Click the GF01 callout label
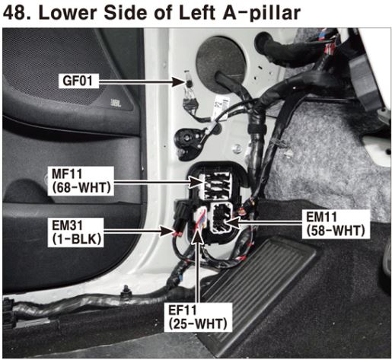click(x=78, y=81)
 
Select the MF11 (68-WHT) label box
click(x=81, y=181)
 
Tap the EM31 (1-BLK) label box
click(x=75, y=232)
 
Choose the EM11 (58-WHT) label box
click(x=336, y=224)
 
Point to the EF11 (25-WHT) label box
click(x=198, y=317)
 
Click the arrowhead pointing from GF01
click(x=178, y=81)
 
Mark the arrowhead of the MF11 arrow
click(x=196, y=182)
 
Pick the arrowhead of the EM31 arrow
click(x=167, y=231)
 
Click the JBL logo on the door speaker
click(x=116, y=103)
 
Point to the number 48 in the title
click(x=14, y=13)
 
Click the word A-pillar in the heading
click(x=262, y=13)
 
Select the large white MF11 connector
click(x=217, y=185)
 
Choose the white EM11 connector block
click(x=221, y=217)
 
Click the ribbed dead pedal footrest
click(x=257, y=292)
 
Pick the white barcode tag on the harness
click(x=221, y=107)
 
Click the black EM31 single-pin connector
click(x=180, y=215)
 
